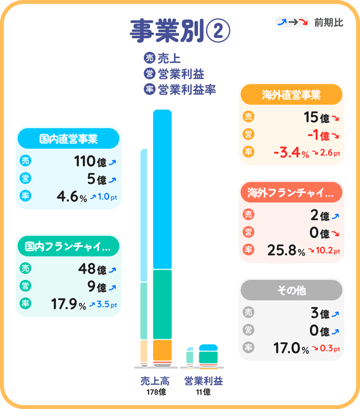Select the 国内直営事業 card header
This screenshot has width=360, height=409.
[69, 138]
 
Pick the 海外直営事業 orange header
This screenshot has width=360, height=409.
[291, 95]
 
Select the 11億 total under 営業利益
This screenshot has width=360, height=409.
[203, 392]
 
